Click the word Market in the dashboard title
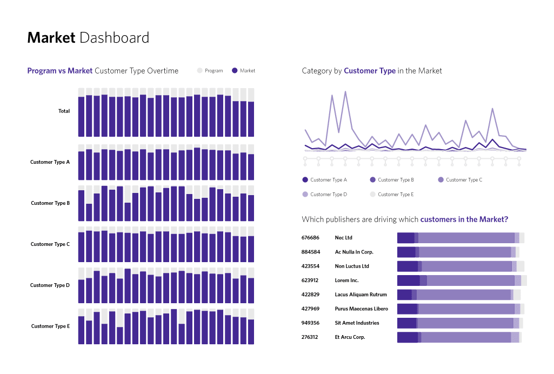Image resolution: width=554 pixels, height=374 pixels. [x=51, y=38]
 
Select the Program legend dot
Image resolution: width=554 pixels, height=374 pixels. [x=199, y=71]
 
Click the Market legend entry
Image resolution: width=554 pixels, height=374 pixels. [x=243, y=71]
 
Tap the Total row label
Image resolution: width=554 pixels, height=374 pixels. [x=64, y=111]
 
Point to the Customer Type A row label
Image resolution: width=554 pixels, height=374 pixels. [x=50, y=162]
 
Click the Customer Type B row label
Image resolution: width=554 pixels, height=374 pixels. [x=50, y=203]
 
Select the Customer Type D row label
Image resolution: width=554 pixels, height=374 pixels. [x=50, y=285]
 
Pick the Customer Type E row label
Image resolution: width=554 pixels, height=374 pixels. [x=50, y=326]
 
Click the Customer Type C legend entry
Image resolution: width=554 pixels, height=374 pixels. [x=459, y=180]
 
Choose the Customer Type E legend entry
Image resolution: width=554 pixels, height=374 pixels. [x=391, y=195]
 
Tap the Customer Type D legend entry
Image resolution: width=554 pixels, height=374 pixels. [x=324, y=195]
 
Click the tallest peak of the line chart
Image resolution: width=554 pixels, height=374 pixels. [x=345, y=92]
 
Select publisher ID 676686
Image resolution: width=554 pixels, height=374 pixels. [x=310, y=238]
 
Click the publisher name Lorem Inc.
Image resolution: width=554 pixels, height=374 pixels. [x=346, y=280]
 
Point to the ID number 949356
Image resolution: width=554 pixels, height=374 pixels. [x=310, y=323]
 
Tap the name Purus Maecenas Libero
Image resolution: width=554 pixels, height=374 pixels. [x=361, y=309]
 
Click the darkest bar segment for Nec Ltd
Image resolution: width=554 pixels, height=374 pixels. [x=405, y=238]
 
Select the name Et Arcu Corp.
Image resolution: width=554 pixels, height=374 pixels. [x=350, y=337]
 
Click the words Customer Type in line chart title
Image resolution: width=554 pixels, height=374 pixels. [x=369, y=71]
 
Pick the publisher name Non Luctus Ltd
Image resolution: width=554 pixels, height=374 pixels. [x=352, y=266]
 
